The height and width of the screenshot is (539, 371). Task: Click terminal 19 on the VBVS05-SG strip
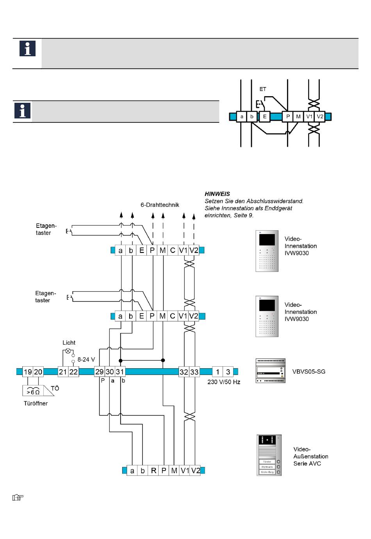click(28, 372)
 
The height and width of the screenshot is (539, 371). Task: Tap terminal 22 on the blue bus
click(73, 372)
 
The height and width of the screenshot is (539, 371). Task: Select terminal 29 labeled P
click(100, 372)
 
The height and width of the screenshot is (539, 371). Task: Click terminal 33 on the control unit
click(194, 372)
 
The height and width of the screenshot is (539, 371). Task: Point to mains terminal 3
click(228, 372)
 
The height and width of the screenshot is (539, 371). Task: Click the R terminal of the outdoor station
click(153, 471)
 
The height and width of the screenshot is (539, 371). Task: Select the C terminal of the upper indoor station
click(173, 250)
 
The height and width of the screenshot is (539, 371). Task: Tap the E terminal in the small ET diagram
click(264, 116)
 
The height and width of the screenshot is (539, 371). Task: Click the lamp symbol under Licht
click(68, 351)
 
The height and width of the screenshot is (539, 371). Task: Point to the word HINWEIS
click(217, 194)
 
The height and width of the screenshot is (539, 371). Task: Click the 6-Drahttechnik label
click(160, 205)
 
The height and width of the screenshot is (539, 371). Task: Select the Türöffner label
click(36, 403)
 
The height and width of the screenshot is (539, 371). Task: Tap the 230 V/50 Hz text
click(224, 382)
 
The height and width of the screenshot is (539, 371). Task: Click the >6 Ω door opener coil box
click(33, 390)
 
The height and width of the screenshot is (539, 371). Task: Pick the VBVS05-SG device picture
click(270, 371)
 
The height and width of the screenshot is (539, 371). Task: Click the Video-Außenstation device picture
click(269, 455)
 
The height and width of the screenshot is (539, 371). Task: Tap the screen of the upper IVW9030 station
click(267, 240)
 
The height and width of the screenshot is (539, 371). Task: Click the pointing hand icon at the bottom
click(18, 498)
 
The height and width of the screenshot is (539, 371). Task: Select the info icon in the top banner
click(27, 48)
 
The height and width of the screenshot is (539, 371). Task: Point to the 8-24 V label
click(86, 360)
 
